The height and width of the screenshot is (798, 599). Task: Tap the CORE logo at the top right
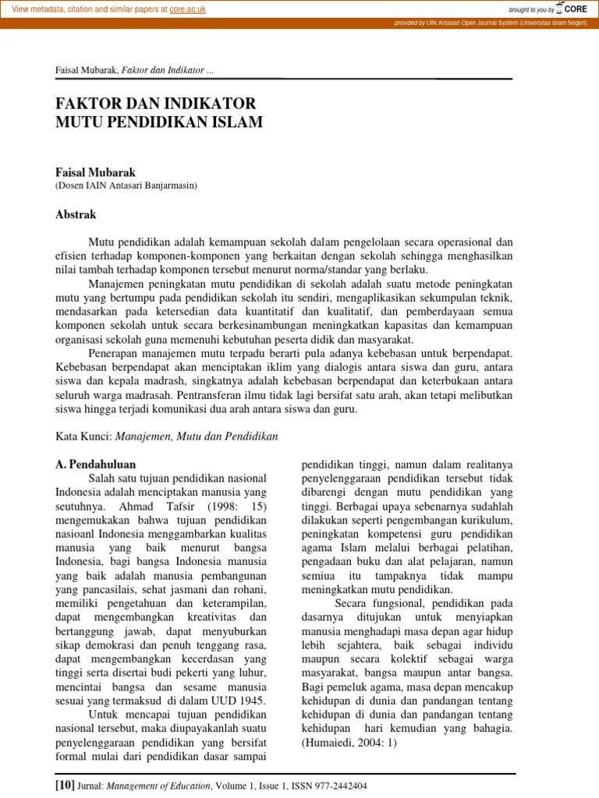[571, 9]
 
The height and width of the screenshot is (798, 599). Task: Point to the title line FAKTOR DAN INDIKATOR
[155, 104]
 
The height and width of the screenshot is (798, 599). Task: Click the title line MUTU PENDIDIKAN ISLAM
[159, 122]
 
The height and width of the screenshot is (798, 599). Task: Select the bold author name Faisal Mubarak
[96, 171]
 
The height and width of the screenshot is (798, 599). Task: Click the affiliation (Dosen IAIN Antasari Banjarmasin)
[126, 185]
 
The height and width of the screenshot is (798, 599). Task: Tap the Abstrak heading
[76, 214]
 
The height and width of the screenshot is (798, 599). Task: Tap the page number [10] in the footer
[65, 786]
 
